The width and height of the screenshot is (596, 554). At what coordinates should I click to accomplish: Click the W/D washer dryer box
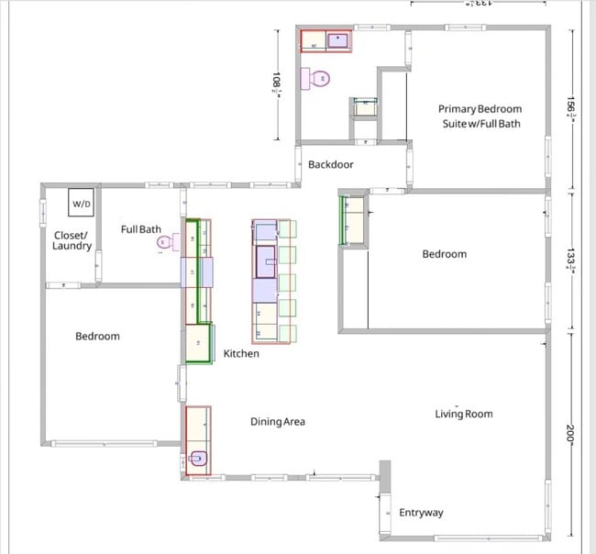tap(82, 202)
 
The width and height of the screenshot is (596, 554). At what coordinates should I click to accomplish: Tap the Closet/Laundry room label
tap(72, 240)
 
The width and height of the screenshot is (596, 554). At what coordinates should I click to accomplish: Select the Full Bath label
tap(141, 228)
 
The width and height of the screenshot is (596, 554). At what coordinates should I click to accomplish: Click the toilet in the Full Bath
tap(165, 242)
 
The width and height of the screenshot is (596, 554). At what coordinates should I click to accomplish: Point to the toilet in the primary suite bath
tap(318, 79)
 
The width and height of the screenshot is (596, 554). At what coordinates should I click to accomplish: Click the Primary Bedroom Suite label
tap(479, 115)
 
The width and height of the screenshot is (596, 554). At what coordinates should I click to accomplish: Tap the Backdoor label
tap(330, 165)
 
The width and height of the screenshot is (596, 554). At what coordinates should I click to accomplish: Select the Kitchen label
tap(241, 353)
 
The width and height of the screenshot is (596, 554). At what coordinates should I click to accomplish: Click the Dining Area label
tap(277, 422)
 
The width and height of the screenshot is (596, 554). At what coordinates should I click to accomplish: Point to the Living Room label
tap(463, 414)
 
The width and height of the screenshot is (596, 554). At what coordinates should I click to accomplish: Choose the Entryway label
tap(421, 513)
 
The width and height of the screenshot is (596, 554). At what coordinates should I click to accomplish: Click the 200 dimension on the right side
tap(569, 436)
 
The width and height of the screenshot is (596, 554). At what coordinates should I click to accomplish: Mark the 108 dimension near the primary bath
tap(276, 83)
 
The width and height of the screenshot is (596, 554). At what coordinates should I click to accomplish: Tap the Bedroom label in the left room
tap(97, 337)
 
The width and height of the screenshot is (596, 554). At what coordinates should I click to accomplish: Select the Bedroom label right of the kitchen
tap(444, 254)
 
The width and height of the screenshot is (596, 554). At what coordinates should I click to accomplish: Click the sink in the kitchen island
tap(265, 260)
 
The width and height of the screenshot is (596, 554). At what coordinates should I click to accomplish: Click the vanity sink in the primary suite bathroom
tap(337, 39)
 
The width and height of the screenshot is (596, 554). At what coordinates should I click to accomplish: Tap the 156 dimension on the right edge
tap(569, 107)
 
